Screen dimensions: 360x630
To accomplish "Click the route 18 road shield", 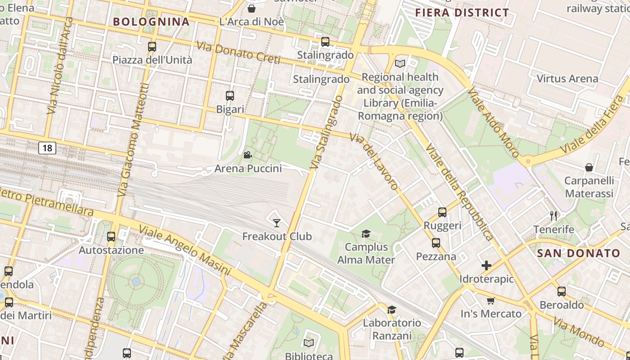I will tap(47, 148).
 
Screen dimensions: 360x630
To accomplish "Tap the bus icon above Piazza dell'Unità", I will tap(152, 46).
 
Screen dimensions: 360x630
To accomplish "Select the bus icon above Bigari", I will tap(230, 95).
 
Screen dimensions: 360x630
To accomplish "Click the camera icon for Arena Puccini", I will tap(247, 155).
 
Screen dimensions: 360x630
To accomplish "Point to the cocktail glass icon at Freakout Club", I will tap(277, 223).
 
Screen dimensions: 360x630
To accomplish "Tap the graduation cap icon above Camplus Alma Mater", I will tap(366, 234).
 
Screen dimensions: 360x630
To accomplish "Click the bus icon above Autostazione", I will tap(111, 236).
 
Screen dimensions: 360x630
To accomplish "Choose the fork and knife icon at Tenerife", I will tap(553, 216).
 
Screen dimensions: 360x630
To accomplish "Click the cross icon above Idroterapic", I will tap(486, 265).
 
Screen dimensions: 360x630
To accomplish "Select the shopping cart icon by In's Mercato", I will tap(490, 301).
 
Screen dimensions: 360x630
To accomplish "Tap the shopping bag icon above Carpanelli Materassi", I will tap(589, 167).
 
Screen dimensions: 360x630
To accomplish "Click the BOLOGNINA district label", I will tap(151, 22).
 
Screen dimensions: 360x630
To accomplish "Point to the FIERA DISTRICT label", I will tap(462, 13).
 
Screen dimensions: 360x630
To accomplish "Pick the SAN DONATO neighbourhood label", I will tap(579, 253).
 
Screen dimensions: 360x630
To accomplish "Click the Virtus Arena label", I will tap(567, 79).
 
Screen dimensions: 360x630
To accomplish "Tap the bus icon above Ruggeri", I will tap(442, 212).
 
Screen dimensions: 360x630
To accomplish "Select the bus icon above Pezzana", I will tap(436, 243).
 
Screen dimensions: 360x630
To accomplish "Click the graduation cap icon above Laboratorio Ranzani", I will tap(391, 310).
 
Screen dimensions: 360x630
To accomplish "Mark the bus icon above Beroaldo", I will tap(561, 291).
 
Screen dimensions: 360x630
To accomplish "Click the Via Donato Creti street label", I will tap(238, 53).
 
